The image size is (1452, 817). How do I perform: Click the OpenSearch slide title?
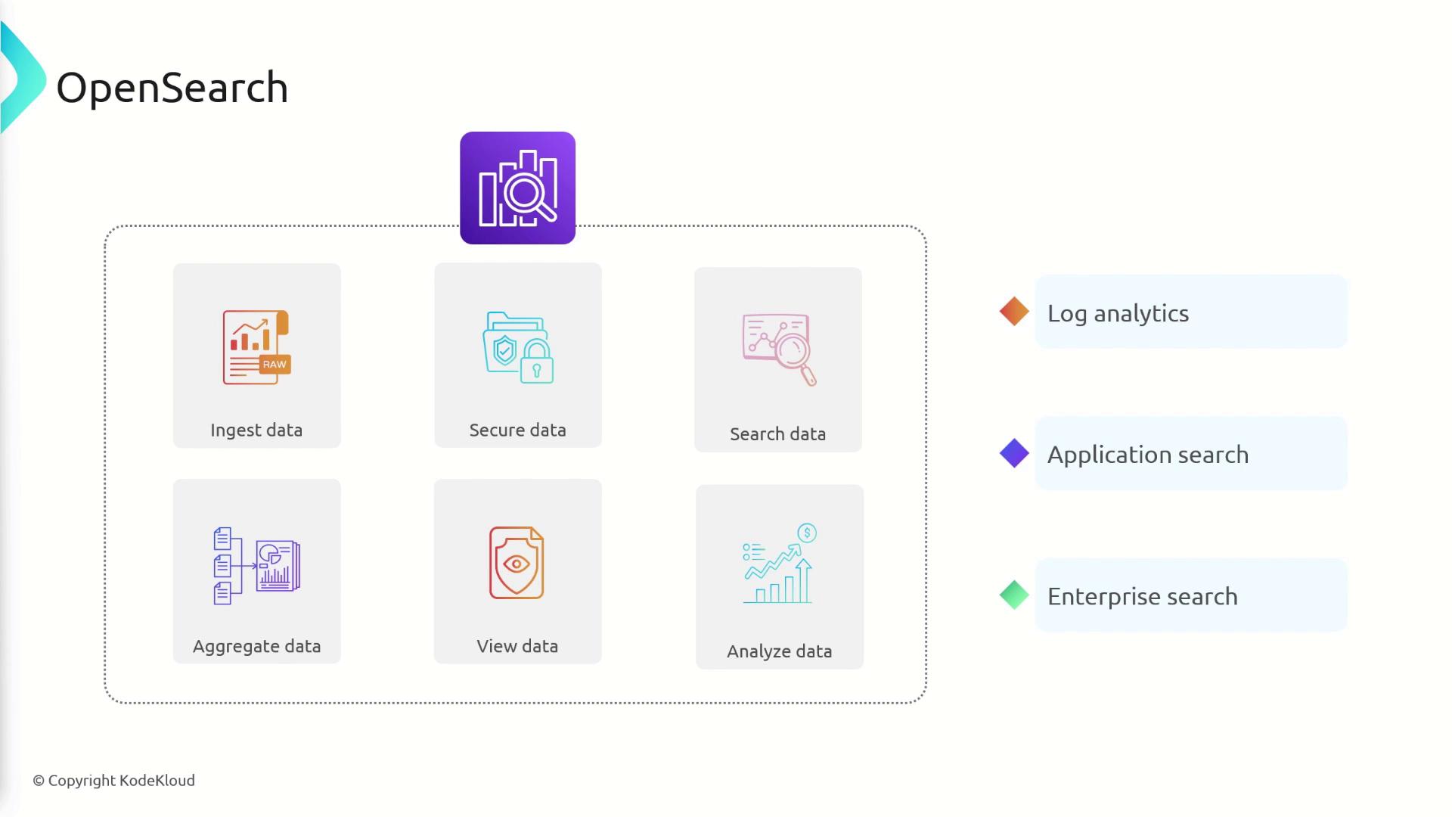[x=172, y=88]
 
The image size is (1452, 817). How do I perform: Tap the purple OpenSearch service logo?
[x=517, y=188]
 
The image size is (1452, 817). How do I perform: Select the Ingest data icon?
[x=256, y=347]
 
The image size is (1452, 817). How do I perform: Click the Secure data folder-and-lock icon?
[x=518, y=347]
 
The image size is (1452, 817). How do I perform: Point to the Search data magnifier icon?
[x=779, y=349]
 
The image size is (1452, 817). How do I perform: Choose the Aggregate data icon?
[x=256, y=566]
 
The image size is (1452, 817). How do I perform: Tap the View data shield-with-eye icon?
[x=517, y=563]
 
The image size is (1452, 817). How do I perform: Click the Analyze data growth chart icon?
[x=780, y=564]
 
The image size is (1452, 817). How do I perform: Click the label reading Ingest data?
[x=256, y=430]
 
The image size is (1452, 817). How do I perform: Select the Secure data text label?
[x=517, y=430]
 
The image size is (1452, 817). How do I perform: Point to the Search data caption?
[x=777, y=434]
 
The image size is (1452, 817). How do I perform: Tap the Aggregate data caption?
[x=256, y=647]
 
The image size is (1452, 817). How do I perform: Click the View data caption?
[x=517, y=646]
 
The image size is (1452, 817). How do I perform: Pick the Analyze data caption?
[x=779, y=651]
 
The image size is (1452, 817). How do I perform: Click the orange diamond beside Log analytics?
[x=1014, y=311]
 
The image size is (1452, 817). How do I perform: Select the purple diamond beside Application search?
[x=1014, y=453]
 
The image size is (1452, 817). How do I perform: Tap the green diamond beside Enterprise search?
[x=1014, y=595]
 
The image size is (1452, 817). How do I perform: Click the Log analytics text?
[x=1118, y=314]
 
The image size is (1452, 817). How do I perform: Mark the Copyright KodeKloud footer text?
[x=113, y=781]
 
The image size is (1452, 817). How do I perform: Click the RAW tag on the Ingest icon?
[x=274, y=364]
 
